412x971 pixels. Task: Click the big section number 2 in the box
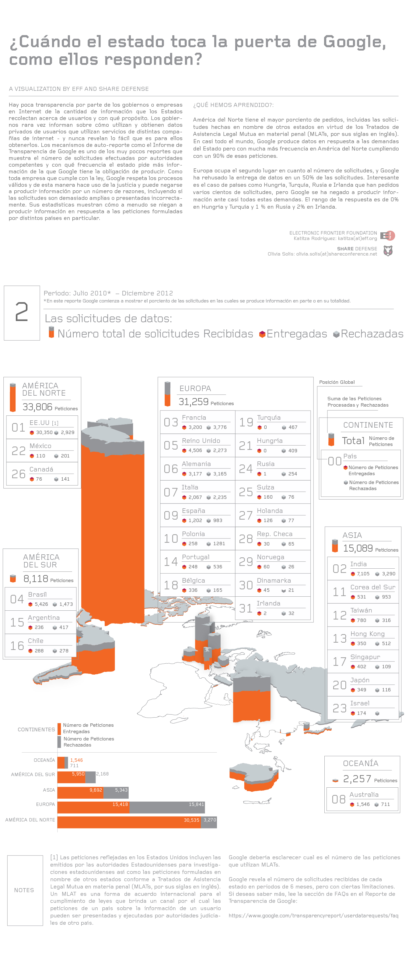(22, 312)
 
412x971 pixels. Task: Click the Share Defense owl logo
(388, 251)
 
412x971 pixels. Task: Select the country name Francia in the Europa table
(194, 417)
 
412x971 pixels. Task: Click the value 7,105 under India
(363, 574)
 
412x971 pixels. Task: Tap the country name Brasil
(37, 595)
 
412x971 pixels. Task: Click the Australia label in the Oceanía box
(364, 794)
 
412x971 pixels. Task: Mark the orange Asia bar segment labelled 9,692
(80, 792)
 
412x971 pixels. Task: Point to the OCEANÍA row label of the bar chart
(44, 760)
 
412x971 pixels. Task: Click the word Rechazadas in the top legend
(372, 334)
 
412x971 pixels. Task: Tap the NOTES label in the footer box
(24, 890)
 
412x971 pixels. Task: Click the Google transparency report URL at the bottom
(313, 916)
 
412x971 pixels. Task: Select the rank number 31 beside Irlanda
(246, 608)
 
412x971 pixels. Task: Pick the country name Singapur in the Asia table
(365, 657)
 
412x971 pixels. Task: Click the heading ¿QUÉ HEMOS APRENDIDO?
(233, 105)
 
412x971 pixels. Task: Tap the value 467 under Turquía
(293, 427)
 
